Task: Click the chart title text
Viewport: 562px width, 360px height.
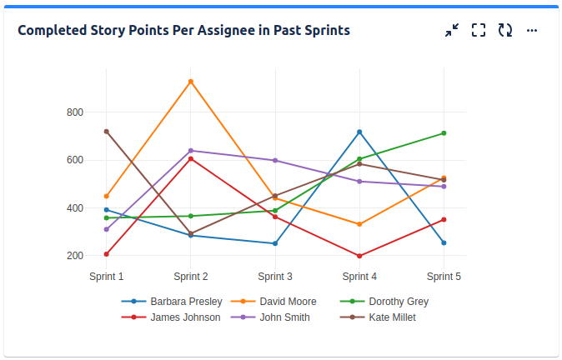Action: [x=183, y=30]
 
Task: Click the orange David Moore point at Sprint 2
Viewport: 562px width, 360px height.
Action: [x=191, y=82]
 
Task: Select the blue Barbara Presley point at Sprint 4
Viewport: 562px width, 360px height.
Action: [x=359, y=132]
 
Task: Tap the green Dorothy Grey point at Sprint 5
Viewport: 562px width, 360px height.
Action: [x=444, y=133]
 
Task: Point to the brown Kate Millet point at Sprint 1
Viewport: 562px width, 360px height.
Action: [x=107, y=132]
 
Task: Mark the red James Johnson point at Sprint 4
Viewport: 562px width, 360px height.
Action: [x=359, y=256]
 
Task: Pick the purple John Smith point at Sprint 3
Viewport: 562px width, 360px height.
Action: [x=275, y=160]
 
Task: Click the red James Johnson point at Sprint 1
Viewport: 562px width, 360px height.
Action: [x=107, y=254]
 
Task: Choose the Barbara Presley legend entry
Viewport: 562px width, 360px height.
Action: [x=185, y=302]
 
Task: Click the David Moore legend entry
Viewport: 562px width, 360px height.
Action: [x=287, y=302]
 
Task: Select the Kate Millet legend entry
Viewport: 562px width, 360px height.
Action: [x=391, y=317]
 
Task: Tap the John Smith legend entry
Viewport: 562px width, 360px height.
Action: [x=284, y=317]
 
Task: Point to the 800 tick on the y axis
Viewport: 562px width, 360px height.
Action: [x=75, y=112]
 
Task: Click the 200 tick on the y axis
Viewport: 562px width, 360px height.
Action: [x=75, y=256]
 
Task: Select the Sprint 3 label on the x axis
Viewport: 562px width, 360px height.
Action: [x=275, y=277]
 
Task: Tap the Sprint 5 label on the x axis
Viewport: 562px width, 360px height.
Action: [x=444, y=277]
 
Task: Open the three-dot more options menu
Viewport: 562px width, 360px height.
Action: [x=532, y=30]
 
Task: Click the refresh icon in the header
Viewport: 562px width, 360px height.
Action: [x=505, y=30]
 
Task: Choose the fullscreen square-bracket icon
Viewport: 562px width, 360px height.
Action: [x=479, y=30]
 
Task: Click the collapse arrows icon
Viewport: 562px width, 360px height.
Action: [x=452, y=30]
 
